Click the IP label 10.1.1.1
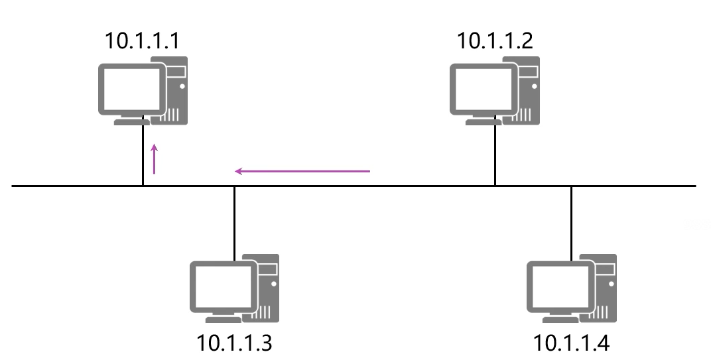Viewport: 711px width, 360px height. pyautogui.click(x=142, y=41)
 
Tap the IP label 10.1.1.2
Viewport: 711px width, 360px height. pyautogui.click(x=494, y=41)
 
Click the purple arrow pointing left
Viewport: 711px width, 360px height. pyautogui.click(x=302, y=172)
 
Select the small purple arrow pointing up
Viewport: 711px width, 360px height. pyautogui.click(x=155, y=159)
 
